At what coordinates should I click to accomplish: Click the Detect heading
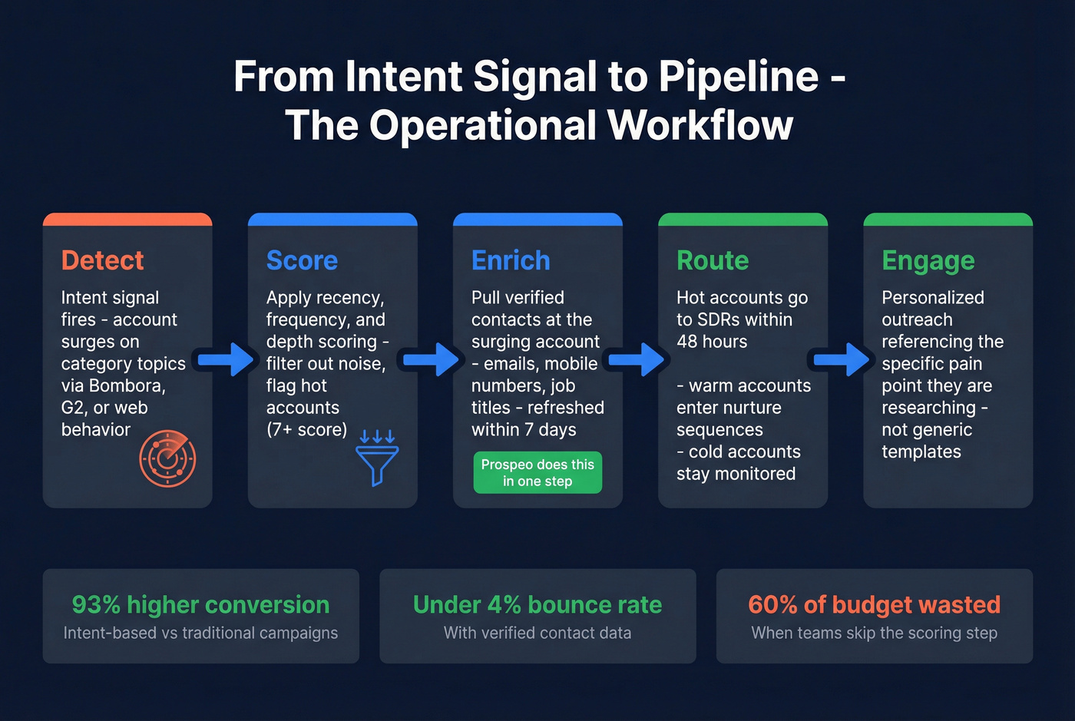tap(102, 260)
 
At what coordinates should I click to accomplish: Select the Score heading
tap(302, 260)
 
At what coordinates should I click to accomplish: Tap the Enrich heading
tap(511, 260)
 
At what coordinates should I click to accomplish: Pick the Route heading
tap(712, 260)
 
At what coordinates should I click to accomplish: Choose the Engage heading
tap(928, 261)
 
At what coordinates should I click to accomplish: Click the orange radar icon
tap(167, 458)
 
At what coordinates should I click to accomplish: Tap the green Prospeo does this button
tap(537, 472)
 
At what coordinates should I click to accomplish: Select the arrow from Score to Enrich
tap(432, 359)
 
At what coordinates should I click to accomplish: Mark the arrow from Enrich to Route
tap(638, 359)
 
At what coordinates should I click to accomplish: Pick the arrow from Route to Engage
tap(843, 359)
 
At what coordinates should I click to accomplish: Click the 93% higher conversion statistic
tap(200, 605)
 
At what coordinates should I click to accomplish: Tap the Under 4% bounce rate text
tap(537, 605)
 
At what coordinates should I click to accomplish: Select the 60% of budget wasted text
tap(874, 605)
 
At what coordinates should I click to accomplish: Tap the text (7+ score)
tap(306, 429)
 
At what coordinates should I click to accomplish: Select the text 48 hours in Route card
tap(711, 342)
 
